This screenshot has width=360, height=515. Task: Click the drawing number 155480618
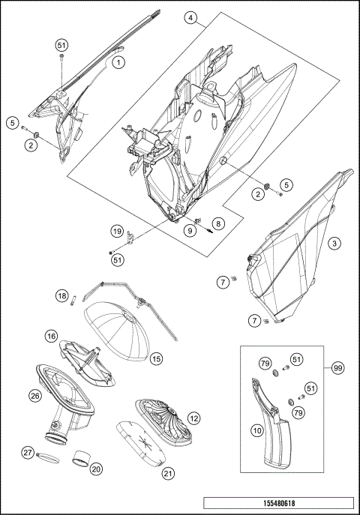pos(279,503)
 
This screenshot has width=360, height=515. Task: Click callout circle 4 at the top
pos(190,18)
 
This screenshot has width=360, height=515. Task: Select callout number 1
pos(118,62)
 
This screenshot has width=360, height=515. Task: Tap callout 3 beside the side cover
pos(334,244)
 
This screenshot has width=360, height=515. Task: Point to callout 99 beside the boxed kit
pos(337,368)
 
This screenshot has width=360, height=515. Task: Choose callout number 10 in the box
pos(257,430)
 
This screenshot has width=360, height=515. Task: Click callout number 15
pos(156,358)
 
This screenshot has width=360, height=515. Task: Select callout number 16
pos(52,336)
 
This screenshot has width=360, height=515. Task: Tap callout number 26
pos(35,396)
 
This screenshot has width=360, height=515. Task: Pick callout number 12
pos(193,418)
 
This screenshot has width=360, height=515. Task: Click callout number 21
pos(168,473)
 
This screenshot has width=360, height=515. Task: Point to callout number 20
pos(96,469)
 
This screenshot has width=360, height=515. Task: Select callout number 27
pos(28,453)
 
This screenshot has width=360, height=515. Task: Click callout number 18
pos(61,296)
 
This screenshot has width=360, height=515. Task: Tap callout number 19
pos(117,231)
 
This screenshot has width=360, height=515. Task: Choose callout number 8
pos(218,223)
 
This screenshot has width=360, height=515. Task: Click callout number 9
pos(190,231)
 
